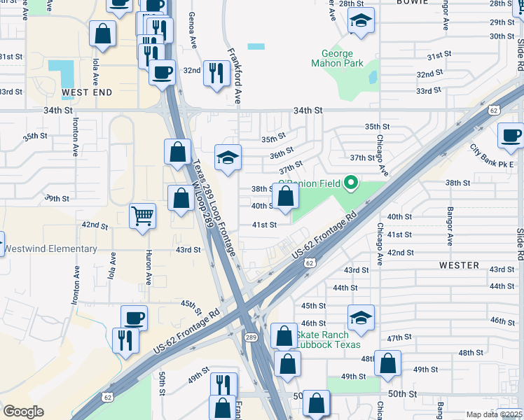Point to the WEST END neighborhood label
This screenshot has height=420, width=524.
click(87, 92)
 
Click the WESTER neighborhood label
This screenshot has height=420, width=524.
click(459, 265)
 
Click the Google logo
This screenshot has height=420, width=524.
click(23, 412)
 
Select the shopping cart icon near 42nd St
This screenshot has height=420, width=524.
click(142, 216)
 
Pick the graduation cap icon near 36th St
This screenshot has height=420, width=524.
click(228, 159)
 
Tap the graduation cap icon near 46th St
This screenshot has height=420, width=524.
click(361, 318)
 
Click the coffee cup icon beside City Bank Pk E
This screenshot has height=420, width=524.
click(510, 136)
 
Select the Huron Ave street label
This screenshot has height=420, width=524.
click(149, 267)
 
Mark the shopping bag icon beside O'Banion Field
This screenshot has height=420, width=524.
click(285, 197)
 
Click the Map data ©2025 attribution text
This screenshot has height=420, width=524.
click(494, 414)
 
